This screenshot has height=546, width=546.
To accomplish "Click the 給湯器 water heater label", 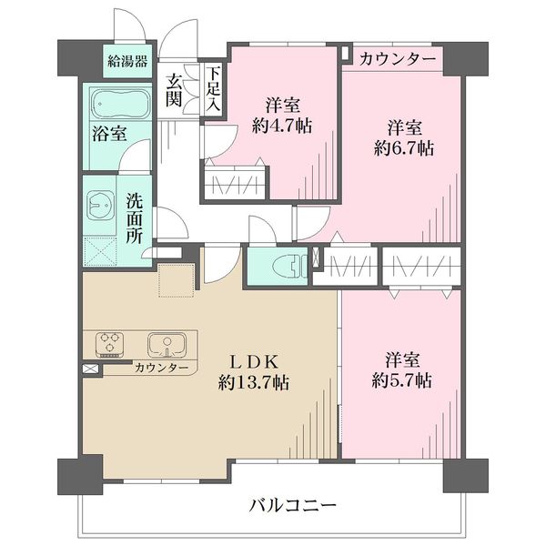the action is point(127,61).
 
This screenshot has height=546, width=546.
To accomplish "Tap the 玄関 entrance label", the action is point(174,90).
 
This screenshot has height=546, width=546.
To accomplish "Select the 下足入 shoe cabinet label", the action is point(213,89).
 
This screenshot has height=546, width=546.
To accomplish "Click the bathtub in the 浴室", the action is point(120,104).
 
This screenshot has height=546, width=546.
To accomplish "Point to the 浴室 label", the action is point(109,134).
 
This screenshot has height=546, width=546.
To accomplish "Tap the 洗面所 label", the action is point(134,218).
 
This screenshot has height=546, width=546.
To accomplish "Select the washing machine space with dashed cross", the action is point(100,251).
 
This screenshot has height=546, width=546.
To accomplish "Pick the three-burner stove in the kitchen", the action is point(110,345).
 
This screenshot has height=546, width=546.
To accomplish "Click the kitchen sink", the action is point(167,345).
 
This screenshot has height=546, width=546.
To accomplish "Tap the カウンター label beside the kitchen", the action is point(161,368).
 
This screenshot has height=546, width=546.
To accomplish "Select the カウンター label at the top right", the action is point(398,59).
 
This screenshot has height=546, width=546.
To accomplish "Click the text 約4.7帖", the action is point(282,126).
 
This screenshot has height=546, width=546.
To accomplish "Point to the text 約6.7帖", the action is point(404,148).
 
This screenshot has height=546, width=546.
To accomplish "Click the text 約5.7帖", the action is point(401,380).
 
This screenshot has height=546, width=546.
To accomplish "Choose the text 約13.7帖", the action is point(254,383).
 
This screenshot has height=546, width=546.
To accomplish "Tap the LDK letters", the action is point(254,362).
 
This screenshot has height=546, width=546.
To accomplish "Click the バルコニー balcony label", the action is point(293,504).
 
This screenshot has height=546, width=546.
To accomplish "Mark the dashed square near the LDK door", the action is point(177,280).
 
